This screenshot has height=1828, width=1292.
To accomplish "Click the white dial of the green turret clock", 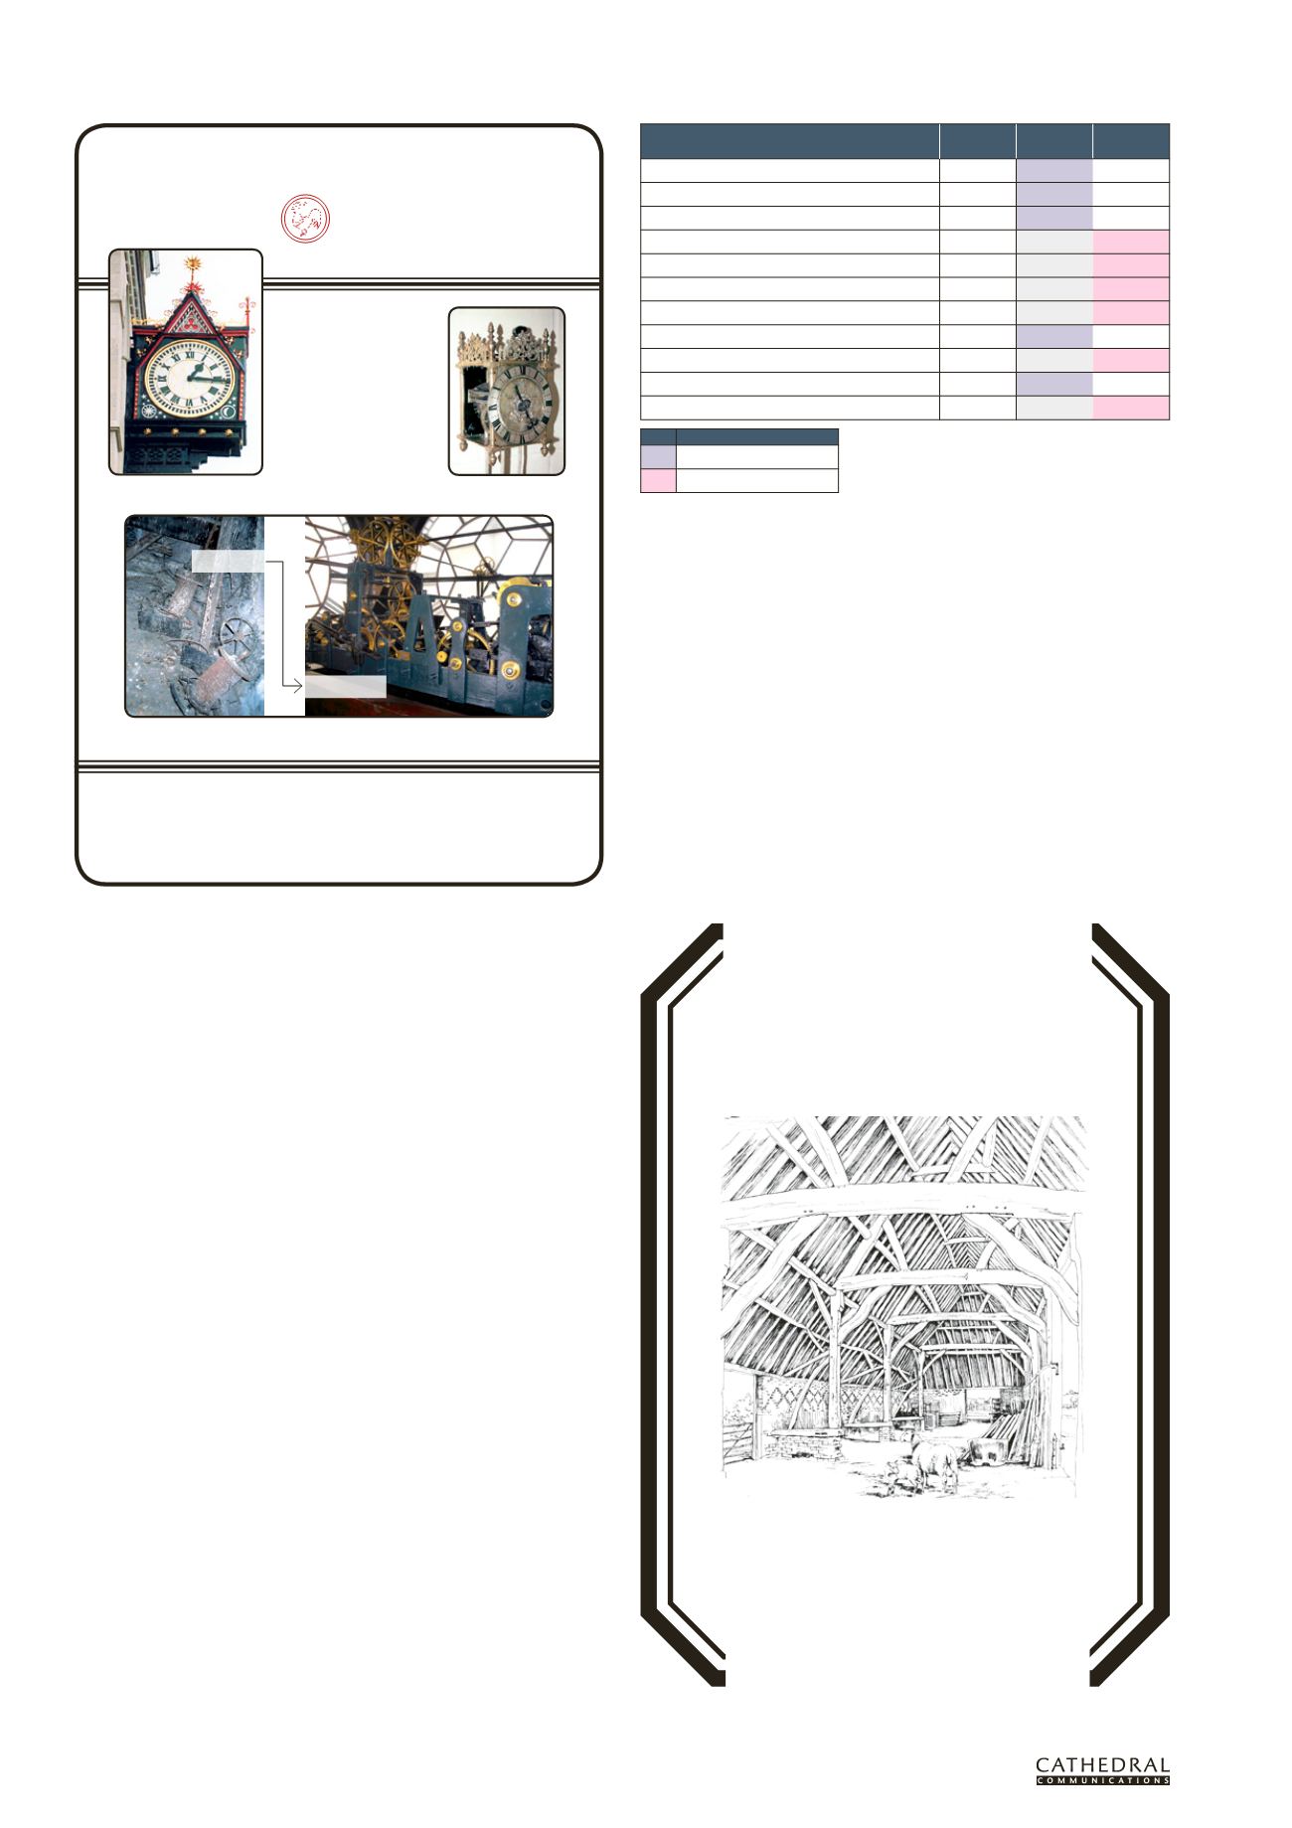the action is click(x=190, y=378).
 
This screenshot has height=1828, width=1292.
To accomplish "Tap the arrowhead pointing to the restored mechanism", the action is click(x=297, y=686).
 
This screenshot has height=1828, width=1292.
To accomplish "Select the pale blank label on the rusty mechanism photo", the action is click(x=228, y=563).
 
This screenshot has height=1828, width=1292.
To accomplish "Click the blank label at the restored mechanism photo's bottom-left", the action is click(x=345, y=686).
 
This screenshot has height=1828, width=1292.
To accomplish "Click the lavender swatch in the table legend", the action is click(x=658, y=456).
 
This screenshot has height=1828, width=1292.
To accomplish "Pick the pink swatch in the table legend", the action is click(x=658, y=480).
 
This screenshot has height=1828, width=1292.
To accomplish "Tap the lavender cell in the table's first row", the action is click(x=1054, y=171).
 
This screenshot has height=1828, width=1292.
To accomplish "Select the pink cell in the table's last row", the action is click(x=1131, y=409).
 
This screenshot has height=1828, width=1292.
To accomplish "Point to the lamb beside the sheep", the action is click(x=899, y=1476).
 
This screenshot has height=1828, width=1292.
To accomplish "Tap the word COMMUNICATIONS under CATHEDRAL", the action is click(x=1102, y=1780).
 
